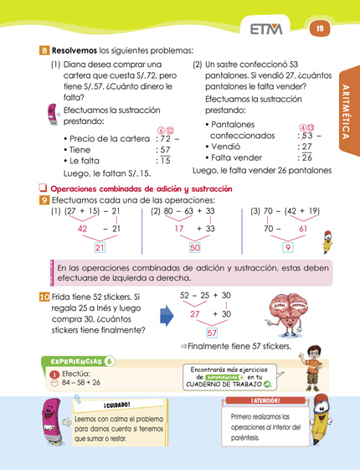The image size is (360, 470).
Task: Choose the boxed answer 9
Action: tap(287, 247)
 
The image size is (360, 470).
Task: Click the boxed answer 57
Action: tap(212, 333)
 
